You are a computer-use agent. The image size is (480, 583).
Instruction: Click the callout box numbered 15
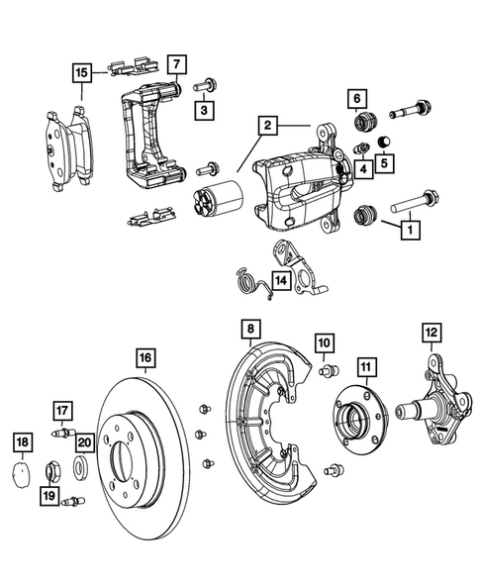82,72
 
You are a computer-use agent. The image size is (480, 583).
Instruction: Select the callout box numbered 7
174,66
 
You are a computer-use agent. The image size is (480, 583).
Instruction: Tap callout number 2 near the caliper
266,126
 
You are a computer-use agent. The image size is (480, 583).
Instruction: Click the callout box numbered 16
144,357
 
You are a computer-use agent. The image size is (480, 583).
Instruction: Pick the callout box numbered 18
22,441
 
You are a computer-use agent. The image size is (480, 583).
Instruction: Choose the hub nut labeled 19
55,469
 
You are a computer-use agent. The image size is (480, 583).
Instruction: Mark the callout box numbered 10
324,343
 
